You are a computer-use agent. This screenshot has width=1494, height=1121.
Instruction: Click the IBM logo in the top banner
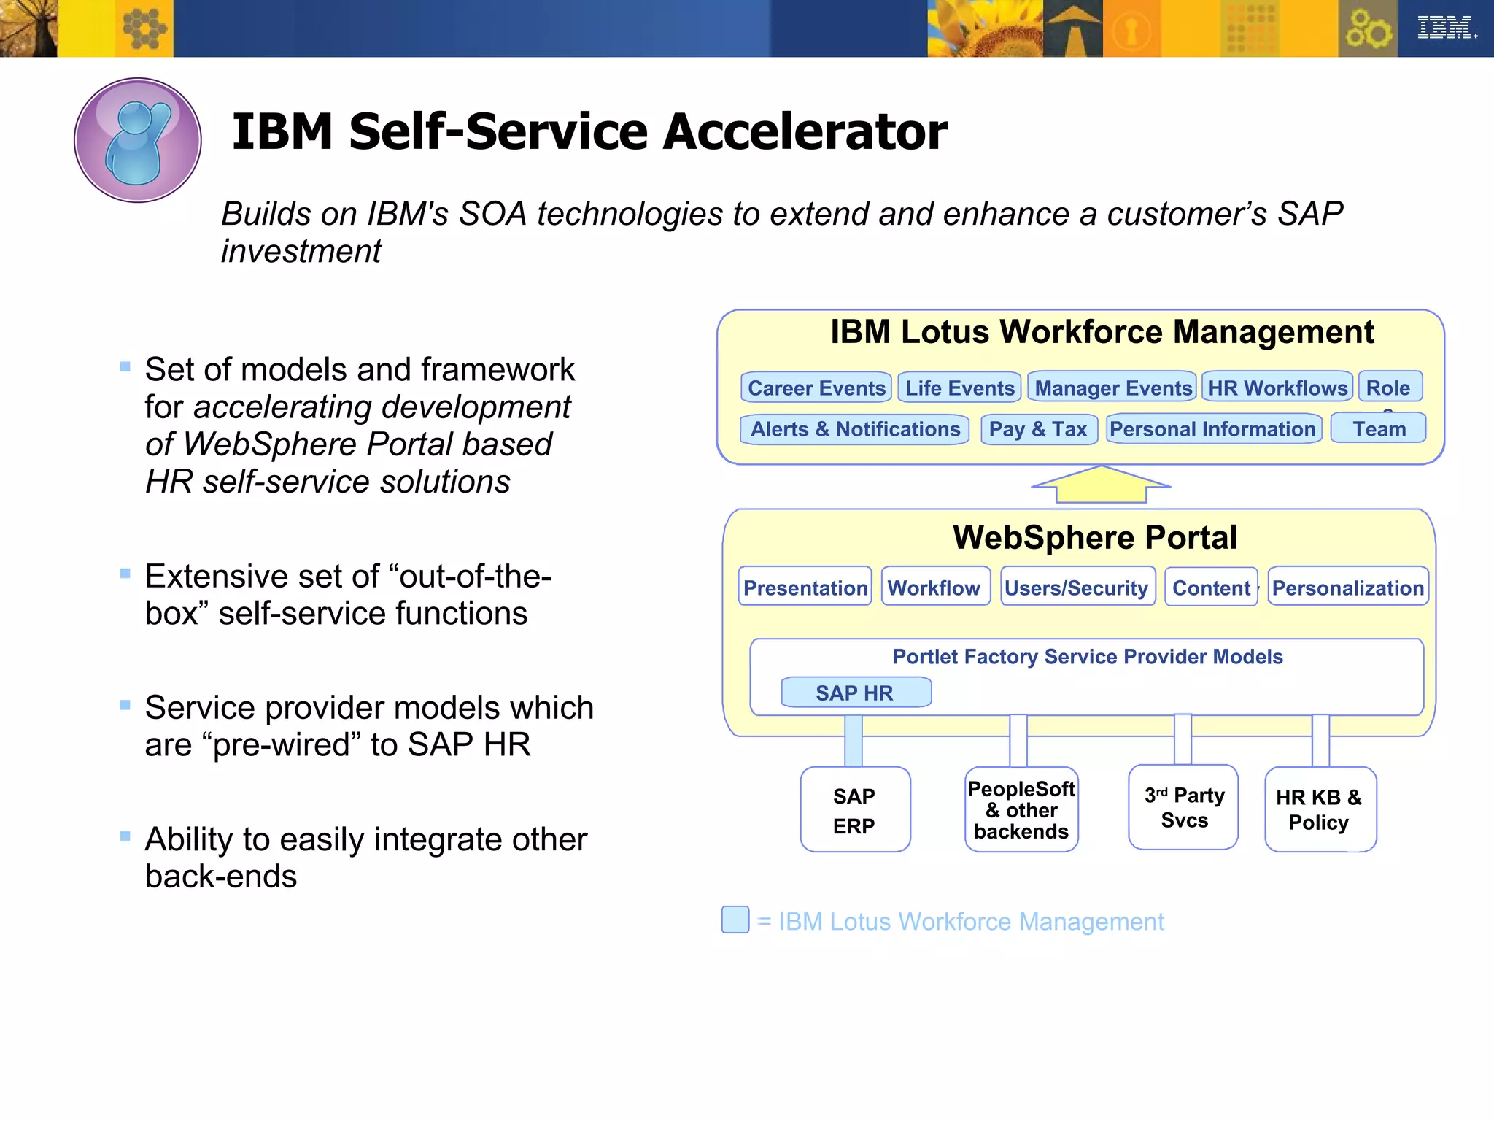tap(1446, 28)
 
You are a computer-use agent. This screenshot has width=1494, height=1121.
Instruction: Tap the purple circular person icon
tap(138, 140)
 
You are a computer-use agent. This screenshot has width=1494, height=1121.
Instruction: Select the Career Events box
tap(816, 388)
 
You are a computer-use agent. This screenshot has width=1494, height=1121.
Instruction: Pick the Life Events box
tap(959, 388)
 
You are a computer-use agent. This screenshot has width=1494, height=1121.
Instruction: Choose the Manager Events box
tap(1112, 388)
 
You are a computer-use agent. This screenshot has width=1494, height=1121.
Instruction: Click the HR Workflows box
tap(1277, 388)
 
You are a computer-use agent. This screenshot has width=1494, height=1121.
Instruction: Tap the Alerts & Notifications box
tap(855, 429)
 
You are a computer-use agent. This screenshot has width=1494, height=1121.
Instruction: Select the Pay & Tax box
tap(1038, 429)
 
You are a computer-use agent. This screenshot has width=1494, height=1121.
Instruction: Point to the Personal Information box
tap(1212, 429)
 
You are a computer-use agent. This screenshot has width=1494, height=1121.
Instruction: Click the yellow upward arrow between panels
tap(1101, 485)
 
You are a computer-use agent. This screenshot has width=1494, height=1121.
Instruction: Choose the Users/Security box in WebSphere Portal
tap(1077, 588)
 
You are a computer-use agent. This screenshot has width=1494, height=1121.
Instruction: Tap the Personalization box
tap(1347, 588)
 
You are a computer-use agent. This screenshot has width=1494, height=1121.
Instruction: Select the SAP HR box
tap(855, 693)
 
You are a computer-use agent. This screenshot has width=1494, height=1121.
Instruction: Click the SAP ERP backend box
tap(854, 810)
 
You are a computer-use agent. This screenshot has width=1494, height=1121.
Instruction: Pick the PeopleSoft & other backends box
tap(1021, 810)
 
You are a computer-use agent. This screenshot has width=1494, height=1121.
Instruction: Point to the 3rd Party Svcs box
tap(1183, 808)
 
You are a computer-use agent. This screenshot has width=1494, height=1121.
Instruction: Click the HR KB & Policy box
tap(1319, 810)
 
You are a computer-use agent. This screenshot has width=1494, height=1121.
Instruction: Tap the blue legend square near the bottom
tap(735, 920)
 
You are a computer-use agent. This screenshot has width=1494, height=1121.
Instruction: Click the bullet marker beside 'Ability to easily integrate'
tap(125, 836)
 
